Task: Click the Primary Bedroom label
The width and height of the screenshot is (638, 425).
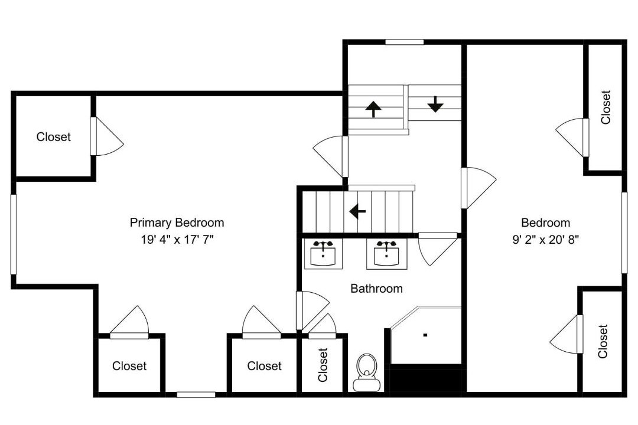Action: [177, 223]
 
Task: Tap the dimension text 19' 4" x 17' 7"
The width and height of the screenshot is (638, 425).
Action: [177, 240]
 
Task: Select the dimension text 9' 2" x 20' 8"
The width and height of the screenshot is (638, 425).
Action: [546, 240]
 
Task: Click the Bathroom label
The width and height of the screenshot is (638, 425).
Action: [376, 288]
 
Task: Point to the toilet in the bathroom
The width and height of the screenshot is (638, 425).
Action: [367, 372]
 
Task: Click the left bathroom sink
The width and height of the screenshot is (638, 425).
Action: [323, 253]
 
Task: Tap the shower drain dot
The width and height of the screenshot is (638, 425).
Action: [425, 335]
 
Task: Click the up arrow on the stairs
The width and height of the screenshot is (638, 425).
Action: [373, 109]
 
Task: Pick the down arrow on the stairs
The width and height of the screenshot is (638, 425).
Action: [435, 104]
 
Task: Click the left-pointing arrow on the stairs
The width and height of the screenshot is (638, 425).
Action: [357, 211]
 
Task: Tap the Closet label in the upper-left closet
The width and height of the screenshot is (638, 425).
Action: [53, 137]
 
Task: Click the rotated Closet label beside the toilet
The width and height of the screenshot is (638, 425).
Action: [323, 365]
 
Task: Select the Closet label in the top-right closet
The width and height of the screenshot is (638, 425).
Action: [606, 107]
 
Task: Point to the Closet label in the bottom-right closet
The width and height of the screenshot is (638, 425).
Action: [603, 341]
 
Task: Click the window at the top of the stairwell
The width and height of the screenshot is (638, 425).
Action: [405, 41]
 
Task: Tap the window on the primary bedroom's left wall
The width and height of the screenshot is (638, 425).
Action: [14, 234]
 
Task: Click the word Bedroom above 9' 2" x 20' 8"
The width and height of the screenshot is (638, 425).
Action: [545, 223]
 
